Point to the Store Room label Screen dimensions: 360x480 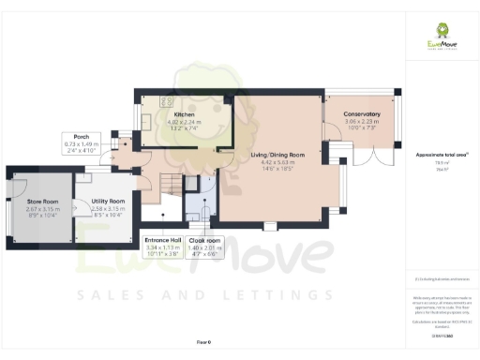(43, 201)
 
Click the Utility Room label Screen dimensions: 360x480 (108, 201)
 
